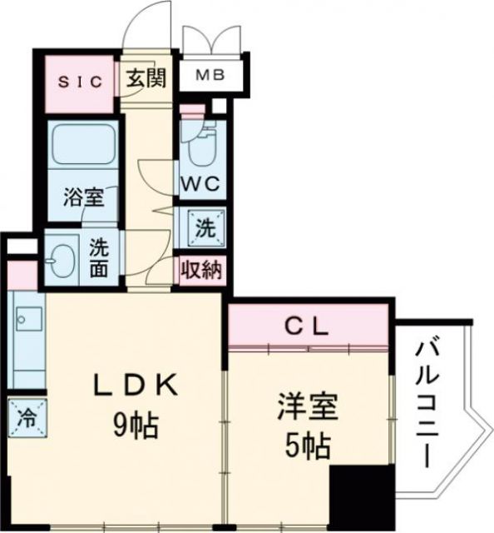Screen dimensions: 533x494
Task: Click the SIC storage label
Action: [80, 82]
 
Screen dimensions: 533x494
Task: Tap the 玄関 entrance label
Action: [146, 79]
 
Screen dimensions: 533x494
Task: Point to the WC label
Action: [200, 185]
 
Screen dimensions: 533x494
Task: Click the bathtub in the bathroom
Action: [84, 147]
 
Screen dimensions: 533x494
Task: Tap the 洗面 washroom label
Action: [100, 257]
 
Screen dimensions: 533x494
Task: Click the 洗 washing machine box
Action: [202, 226]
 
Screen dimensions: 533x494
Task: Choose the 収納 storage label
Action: [202, 269]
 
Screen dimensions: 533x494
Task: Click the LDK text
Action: [136, 386]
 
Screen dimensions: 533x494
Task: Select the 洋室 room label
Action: [307, 410]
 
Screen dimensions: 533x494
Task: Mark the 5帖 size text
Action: [306, 449]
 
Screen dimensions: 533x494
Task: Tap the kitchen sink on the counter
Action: [28, 318]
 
